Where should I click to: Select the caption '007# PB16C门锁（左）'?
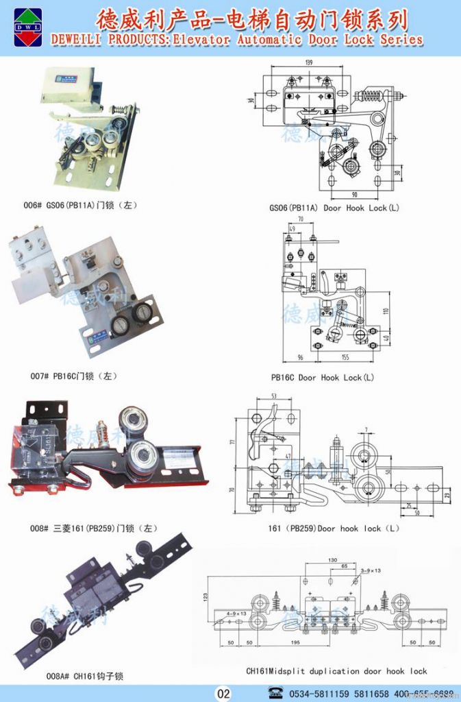pos(68,376)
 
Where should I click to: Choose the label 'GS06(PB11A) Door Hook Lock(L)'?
pos(334,208)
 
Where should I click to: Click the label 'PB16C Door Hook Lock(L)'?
pos(323,378)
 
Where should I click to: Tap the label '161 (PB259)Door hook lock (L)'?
pos(334,529)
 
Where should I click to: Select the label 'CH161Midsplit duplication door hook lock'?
pos(336,671)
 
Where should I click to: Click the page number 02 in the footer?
pos(224,693)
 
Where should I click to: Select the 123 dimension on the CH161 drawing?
pos(205,597)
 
